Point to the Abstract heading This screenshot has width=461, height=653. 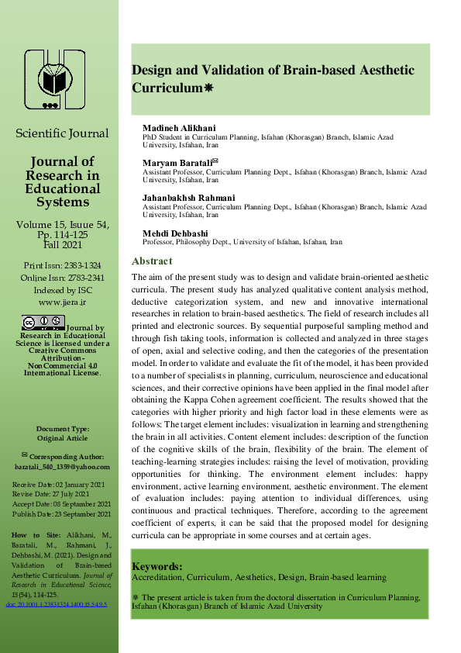[x=151, y=261]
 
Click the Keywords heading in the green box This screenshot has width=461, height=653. [x=157, y=566]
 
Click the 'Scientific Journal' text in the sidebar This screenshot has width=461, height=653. [x=62, y=133]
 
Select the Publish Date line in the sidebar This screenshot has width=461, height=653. [x=62, y=514]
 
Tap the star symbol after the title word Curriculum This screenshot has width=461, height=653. [x=208, y=89]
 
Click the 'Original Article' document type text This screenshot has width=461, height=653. [x=61, y=438]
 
